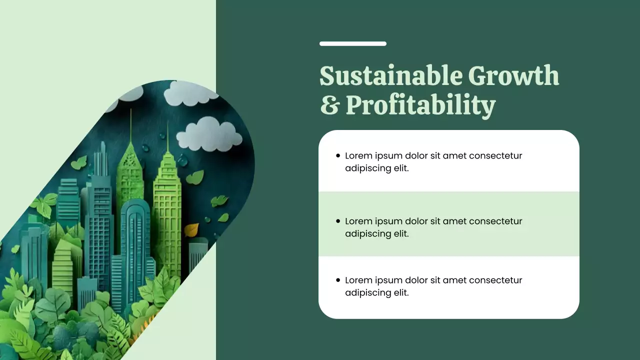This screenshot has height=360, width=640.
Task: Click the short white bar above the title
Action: [x=353, y=44]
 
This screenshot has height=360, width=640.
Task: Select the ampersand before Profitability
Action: [x=329, y=105]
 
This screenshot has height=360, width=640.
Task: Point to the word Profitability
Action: [x=420, y=106]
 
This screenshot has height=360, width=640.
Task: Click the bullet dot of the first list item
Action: [x=338, y=156]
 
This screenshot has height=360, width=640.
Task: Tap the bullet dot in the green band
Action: [x=338, y=221]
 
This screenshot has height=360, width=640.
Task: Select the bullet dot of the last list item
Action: [x=338, y=280]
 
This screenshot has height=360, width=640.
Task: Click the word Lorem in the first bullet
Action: [x=358, y=155]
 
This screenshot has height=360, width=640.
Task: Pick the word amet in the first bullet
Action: [x=454, y=155]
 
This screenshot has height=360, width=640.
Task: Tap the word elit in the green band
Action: [x=400, y=233]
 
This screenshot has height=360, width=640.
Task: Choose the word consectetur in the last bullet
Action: [x=495, y=280]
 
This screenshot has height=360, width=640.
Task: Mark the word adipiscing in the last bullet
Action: [x=367, y=293]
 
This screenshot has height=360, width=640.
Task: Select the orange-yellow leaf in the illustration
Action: [x=191, y=230]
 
